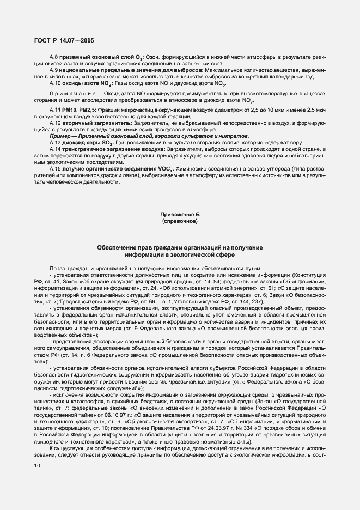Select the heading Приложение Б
(x=179, y=216)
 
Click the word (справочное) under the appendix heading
(x=179, y=223)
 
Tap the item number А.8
(x=53, y=57)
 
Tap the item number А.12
(x=55, y=124)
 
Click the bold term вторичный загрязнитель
(x=95, y=124)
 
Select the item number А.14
(x=55, y=149)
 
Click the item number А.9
(x=53, y=70)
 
